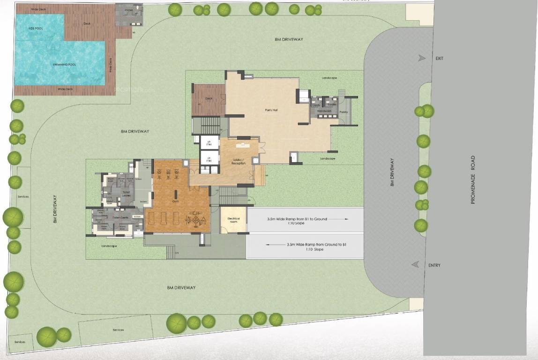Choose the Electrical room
233,220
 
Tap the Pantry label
344,112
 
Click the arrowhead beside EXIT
422,58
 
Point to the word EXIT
439,59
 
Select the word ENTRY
434,265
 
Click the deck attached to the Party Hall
209,99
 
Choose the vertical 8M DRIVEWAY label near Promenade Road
392,172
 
